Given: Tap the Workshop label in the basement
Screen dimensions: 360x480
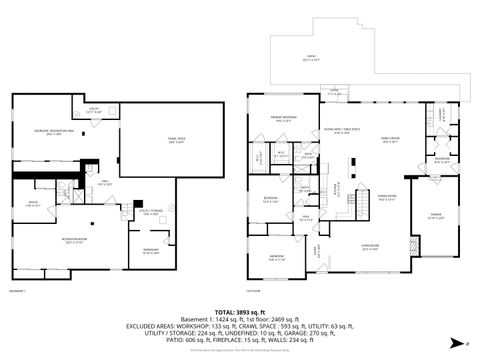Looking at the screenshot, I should tap(150, 249).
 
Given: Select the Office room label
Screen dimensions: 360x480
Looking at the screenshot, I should tap(32, 204).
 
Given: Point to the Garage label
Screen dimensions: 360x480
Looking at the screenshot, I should tap(437, 217).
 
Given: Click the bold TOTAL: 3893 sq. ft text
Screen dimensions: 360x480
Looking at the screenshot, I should tap(240, 312).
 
